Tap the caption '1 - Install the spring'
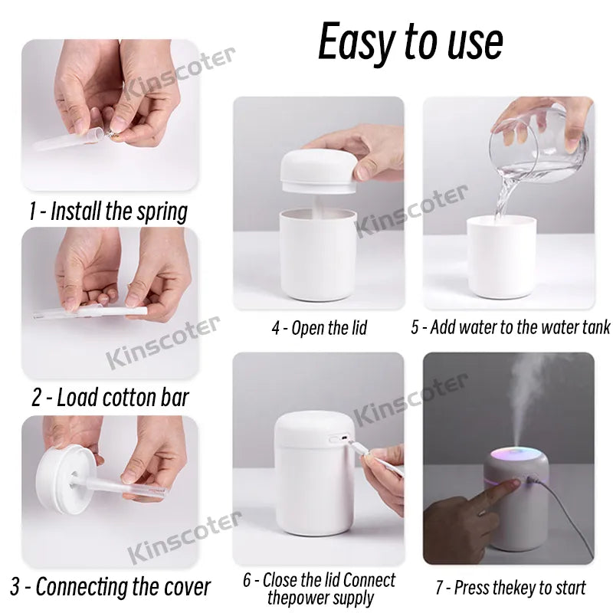[x=108, y=211]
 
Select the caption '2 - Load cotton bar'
[x=110, y=398]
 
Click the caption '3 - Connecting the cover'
[x=110, y=587]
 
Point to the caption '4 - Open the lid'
[x=319, y=328]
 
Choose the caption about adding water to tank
[x=510, y=328]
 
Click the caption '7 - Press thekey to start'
[x=510, y=588]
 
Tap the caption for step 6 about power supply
[x=319, y=588]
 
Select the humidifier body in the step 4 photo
[x=317, y=253]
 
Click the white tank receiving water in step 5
[x=502, y=257]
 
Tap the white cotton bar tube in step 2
[x=92, y=313]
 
